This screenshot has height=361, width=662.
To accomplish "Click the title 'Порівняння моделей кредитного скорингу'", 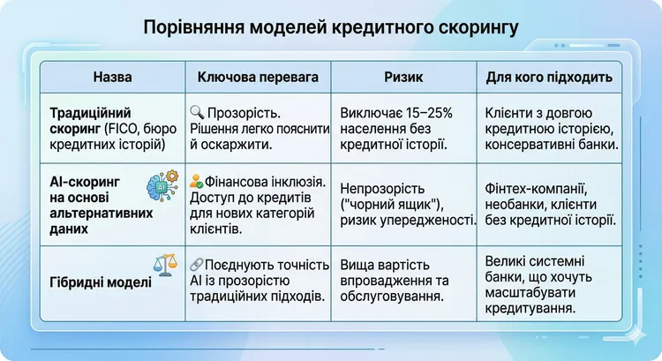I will (331, 27).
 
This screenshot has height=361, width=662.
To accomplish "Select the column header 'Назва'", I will (111, 78).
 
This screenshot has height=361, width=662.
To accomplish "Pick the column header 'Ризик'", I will (405, 78).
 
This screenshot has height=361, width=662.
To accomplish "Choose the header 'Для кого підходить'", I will (549, 78).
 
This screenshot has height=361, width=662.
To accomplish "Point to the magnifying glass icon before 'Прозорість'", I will (197, 113).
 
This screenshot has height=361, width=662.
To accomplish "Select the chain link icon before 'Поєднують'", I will (197, 264).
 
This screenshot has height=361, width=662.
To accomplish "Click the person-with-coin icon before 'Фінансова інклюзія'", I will (197, 187).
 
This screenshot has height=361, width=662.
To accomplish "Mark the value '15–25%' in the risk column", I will (432, 113).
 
